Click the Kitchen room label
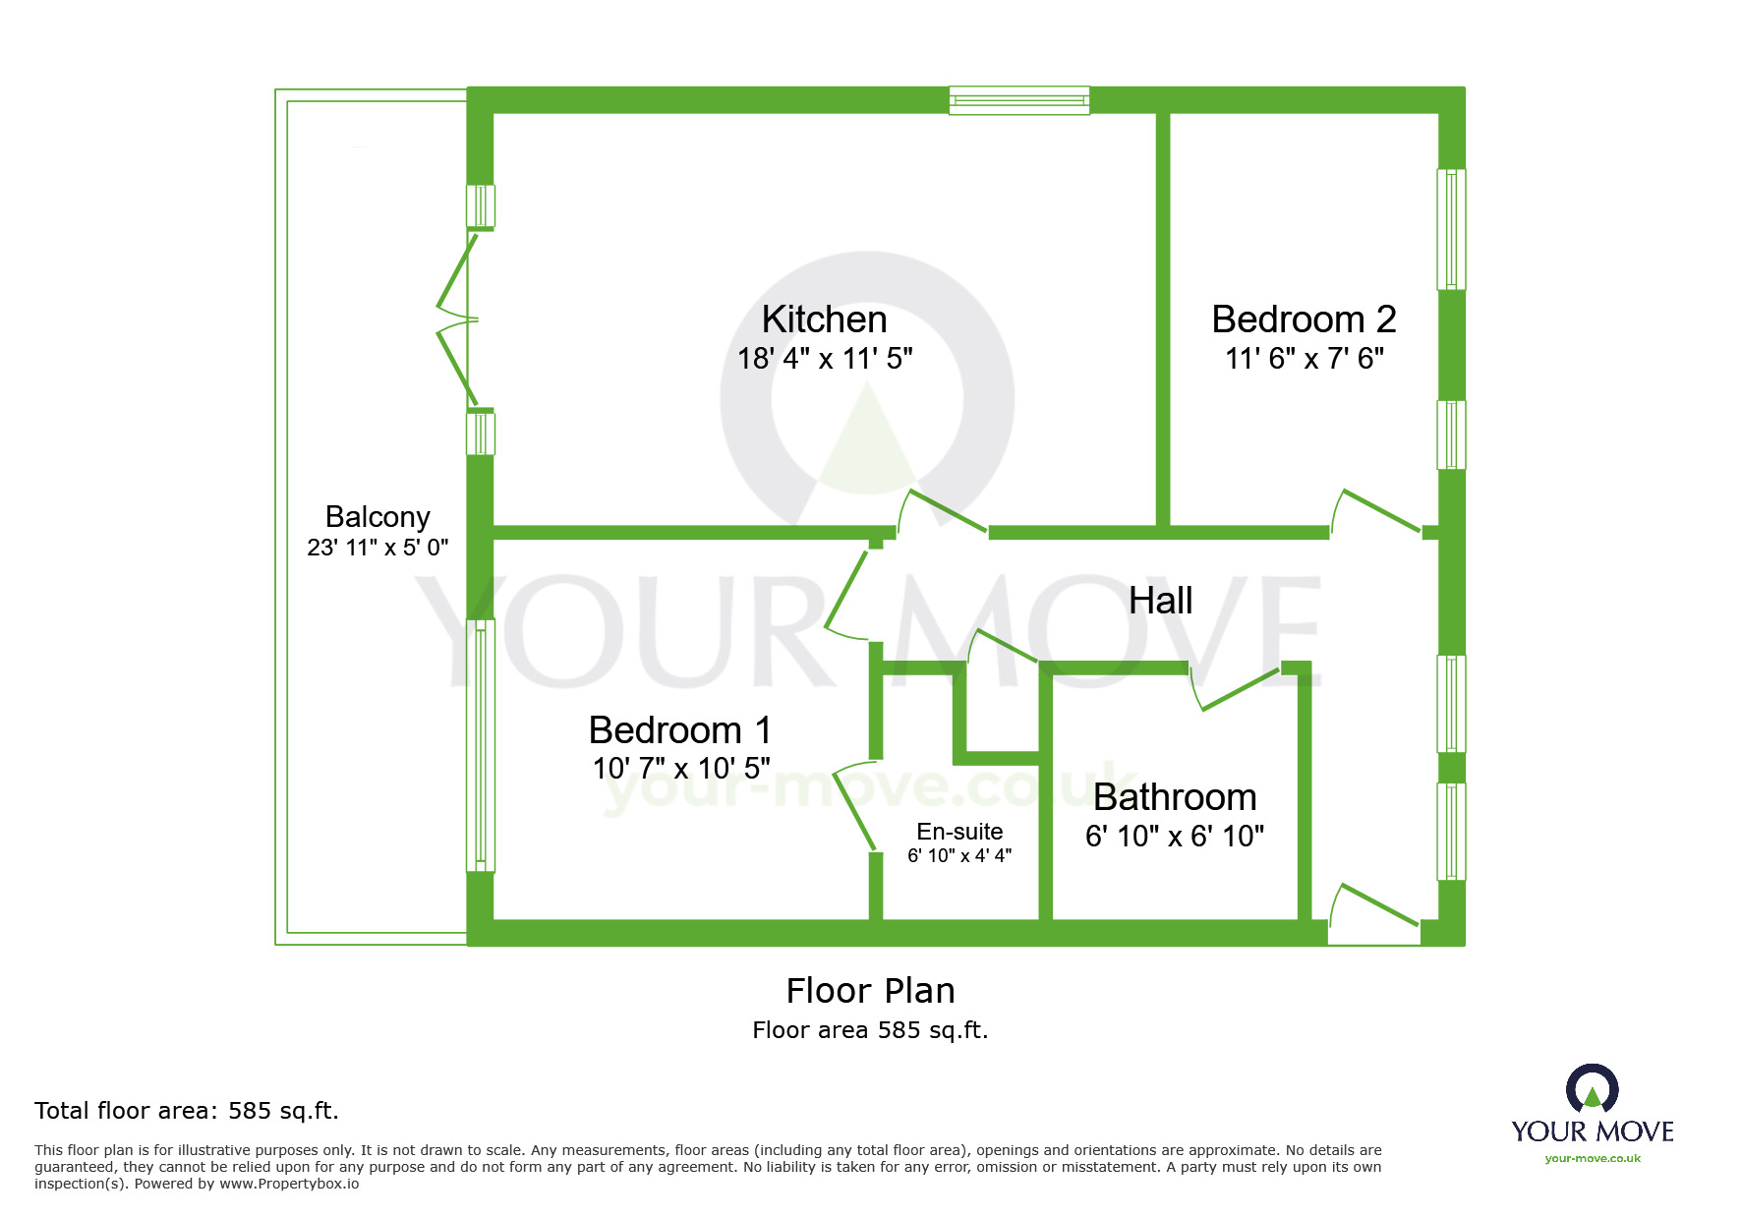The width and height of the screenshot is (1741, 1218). click(824, 319)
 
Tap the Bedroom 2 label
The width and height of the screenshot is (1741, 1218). click(1304, 319)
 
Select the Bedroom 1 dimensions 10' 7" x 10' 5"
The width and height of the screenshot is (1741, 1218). click(681, 768)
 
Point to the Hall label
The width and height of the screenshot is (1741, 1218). click(1160, 601)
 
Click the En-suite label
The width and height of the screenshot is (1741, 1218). click(959, 832)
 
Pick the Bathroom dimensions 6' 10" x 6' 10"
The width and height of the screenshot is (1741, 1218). click(1175, 836)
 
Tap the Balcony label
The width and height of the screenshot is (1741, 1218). click(377, 517)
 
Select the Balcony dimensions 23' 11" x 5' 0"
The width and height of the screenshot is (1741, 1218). click(377, 548)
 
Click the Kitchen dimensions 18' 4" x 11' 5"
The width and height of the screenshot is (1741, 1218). click(825, 359)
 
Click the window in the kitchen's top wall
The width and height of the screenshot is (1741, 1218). click(1019, 100)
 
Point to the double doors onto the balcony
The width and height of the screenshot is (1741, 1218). click(458, 319)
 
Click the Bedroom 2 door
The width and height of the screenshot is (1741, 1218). click(1375, 512)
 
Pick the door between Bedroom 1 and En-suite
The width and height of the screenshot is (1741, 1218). click(854, 806)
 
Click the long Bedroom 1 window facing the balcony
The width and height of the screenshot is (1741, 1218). click(481, 745)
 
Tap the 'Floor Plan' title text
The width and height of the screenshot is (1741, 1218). click(870, 991)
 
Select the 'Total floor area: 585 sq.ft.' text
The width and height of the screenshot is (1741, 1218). click(187, 1111)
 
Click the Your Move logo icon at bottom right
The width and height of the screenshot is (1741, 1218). click(1593, 1089)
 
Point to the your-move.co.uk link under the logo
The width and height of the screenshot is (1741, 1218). click(1593, 1158)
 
